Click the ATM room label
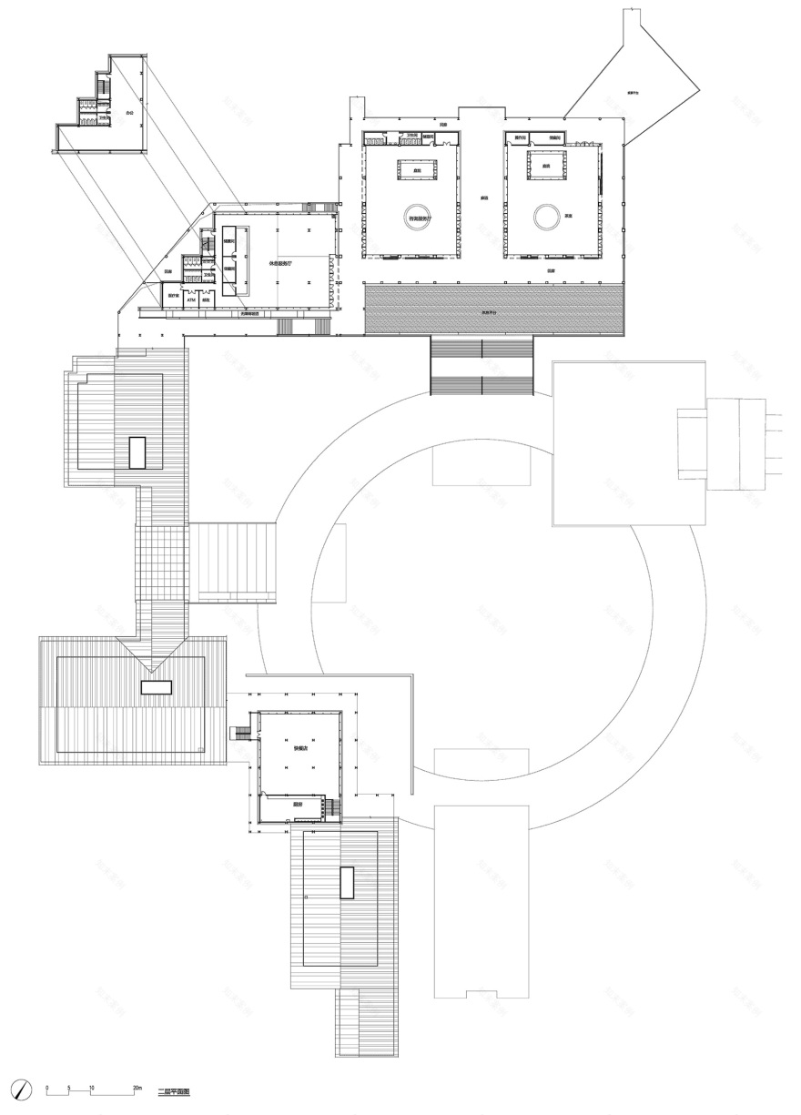point(191,298)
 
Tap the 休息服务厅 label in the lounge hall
point(280,262)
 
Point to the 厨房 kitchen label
point(297,805)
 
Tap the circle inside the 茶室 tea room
point(546,217)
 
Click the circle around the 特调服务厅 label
point(419,217)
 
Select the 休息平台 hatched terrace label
point(492,311)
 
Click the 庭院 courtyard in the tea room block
point(546,167)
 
